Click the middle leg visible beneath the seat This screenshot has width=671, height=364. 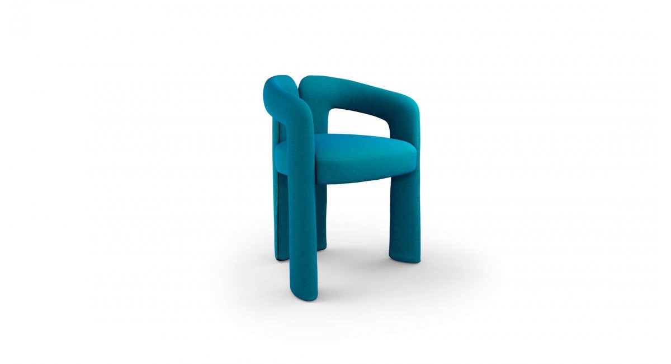[321, 218]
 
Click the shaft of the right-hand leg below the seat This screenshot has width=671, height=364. [404, 218]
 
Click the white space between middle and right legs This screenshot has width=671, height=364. [358, 224]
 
